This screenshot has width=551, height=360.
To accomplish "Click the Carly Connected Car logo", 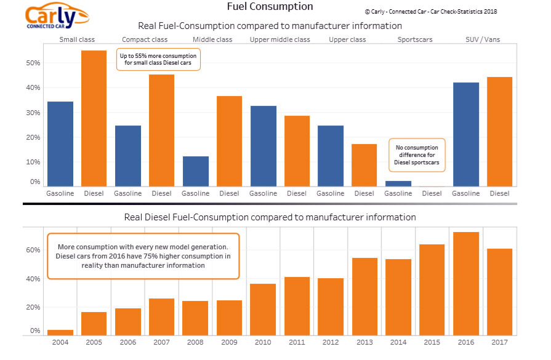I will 57,17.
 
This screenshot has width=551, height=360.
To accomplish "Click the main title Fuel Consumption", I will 270,7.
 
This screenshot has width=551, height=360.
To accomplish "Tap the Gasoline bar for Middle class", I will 195,171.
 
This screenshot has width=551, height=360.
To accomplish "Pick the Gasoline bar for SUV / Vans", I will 465,134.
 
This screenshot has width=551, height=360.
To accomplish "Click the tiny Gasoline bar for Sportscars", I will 398,183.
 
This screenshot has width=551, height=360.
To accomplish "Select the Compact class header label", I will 145,40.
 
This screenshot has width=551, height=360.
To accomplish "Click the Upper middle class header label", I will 280,40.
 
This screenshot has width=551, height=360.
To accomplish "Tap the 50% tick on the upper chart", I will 33,63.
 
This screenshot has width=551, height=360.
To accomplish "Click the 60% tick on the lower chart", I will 33,250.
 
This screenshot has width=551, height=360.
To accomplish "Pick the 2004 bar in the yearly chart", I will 61,332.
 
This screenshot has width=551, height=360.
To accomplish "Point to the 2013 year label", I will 365,342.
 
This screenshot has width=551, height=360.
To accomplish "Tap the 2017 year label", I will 499,342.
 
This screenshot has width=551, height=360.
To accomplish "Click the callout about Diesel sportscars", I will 417,156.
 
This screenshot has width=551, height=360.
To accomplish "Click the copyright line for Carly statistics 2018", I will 431,12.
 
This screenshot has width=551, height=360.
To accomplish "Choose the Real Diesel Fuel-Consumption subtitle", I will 270,217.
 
